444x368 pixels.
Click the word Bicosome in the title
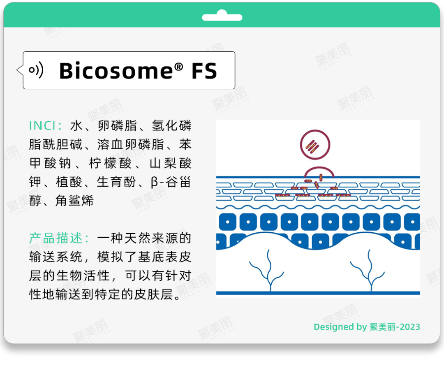click(116, 71)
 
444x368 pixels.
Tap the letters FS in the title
click(204, 71)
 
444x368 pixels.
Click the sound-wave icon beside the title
click(36, 69)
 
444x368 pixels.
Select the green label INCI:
click(45, 126)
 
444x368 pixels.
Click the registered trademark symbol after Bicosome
click(178, 67)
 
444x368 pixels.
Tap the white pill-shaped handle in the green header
click(222, 16)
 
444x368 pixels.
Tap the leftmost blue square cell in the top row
click(228, 222)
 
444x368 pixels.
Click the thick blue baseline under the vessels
click(318, 293)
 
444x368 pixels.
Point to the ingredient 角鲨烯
click(74, 201)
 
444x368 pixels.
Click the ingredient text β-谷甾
click(171, 182)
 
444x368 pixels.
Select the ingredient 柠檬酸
click(111, 163)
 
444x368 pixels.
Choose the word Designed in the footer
click(334, 327)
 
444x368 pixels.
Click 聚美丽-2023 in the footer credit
click(395, 327)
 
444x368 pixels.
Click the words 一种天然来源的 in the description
click(144, 238)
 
